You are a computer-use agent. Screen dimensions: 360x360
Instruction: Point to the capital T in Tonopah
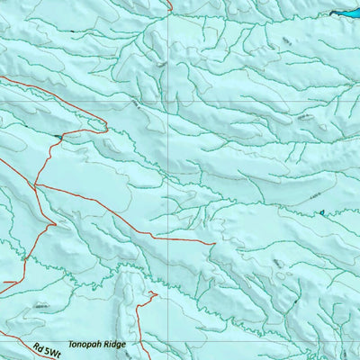(x=71, y=344)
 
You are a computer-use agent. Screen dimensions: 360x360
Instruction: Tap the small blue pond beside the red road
(x=58, y=137)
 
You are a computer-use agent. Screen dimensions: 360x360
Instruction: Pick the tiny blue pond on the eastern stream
(x=320, y=212)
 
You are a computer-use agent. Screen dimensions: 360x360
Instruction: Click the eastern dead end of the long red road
(x=214, y=243)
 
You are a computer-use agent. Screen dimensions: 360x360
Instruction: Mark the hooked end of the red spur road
(x=156, y=292)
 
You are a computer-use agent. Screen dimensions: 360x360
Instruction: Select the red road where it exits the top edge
(x=169, y=2)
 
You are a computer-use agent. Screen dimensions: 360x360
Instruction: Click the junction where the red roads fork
(x=37, y=184)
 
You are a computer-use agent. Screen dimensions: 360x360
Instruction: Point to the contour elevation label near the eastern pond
(x=310, y=196)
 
